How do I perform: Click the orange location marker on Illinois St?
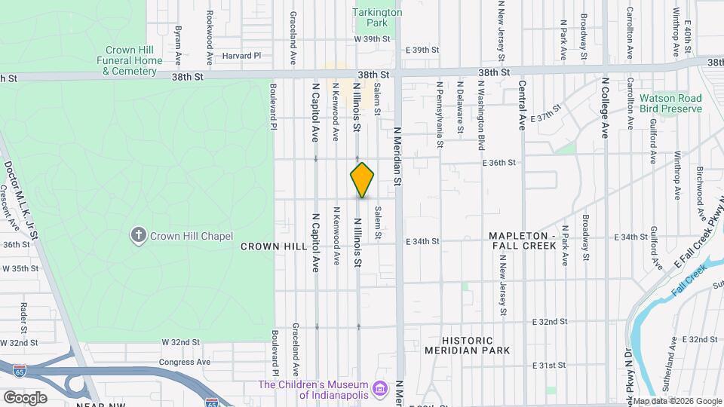tap(363, 179)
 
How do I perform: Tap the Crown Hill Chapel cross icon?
tap(138, 235)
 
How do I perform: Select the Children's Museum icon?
tap(382, 389)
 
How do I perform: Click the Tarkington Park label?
tap(378, 17)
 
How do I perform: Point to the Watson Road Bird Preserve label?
tap(670, 103)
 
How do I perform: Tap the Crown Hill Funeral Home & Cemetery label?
tap(130, 61)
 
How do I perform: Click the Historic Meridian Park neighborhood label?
tap(467, 345)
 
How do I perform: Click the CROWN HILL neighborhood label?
tap(273, 246)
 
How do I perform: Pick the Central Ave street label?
tap(522, 106)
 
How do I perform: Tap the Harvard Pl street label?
tap(241, 56)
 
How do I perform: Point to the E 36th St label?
tap(499, 162)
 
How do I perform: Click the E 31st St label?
tap(549, 366)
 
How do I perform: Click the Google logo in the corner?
tap(25, 398)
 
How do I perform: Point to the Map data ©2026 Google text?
tap(676, 401)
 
